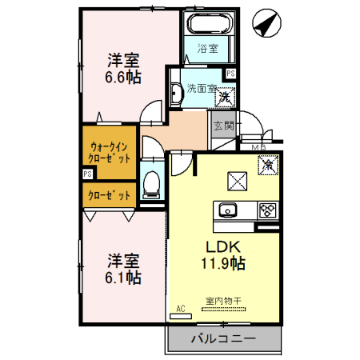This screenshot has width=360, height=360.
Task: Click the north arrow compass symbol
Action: pos(266,23)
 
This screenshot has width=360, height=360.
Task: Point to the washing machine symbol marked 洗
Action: pos(225,95)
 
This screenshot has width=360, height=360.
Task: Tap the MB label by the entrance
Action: pos(259,147)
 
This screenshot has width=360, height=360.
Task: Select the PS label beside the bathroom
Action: pos(230,73)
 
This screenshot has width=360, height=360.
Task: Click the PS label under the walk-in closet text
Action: pos(88,174)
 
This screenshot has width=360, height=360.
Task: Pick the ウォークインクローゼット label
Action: pos(110,152)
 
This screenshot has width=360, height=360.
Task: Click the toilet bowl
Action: pos(150,185)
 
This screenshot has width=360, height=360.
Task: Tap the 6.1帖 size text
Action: pos(125,278)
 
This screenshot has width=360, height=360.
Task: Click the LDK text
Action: pos(224,244)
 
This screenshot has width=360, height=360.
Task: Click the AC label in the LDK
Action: pos(180,309)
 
